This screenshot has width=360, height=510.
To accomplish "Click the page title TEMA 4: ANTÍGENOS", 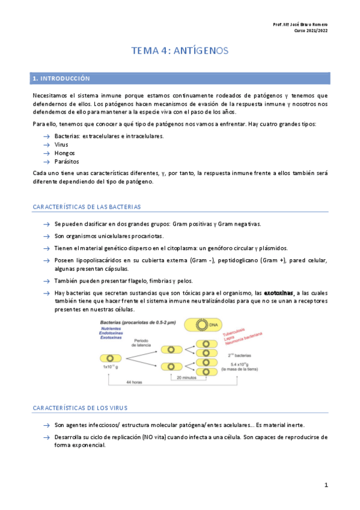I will (180, 51).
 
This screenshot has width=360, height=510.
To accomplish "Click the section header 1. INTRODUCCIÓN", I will (61, 78).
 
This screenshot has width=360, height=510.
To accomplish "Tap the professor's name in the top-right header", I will (301, 24).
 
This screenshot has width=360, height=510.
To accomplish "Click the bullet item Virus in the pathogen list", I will (61, 145).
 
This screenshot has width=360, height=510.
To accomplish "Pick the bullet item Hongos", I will (64, 153).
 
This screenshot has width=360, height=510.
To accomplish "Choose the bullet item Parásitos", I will (66, 162).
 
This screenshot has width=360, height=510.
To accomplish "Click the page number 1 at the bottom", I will (326, 485).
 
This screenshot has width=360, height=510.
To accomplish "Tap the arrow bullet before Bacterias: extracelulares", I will (46, 137).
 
